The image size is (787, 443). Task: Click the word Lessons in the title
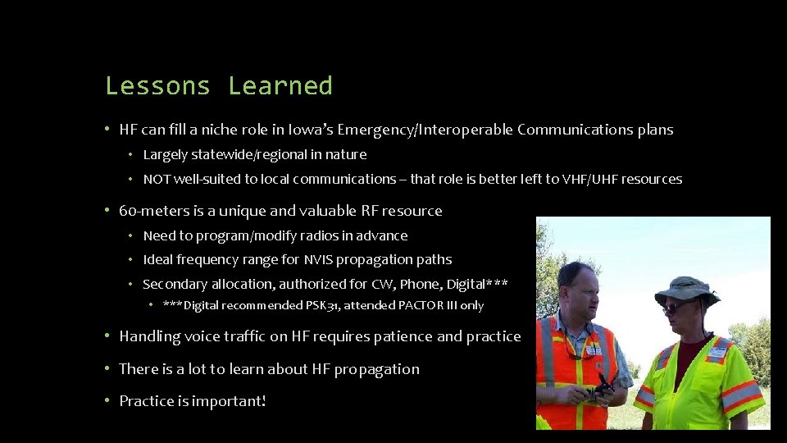point(157,86)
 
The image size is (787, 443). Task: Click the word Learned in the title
point(280,86)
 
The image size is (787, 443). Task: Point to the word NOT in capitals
point(156,179)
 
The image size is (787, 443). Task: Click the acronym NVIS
point(320,259)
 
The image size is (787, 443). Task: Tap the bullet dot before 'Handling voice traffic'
point(107,336)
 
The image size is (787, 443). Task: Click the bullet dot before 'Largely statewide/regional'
point(130,155)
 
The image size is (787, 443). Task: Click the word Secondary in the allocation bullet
point(175,285)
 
